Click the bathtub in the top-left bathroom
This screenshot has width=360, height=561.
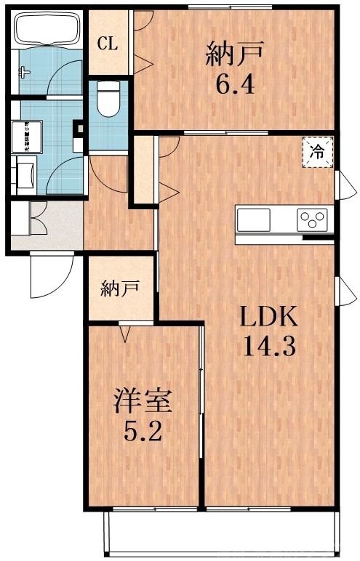point(45,31)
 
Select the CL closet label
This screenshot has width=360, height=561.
point(108,43)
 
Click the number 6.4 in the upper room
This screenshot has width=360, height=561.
point(234,86)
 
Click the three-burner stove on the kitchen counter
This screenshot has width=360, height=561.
point(313,219)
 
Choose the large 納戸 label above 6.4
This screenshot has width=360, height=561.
point(234,53)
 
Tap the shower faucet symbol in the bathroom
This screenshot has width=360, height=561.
point(25,71)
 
